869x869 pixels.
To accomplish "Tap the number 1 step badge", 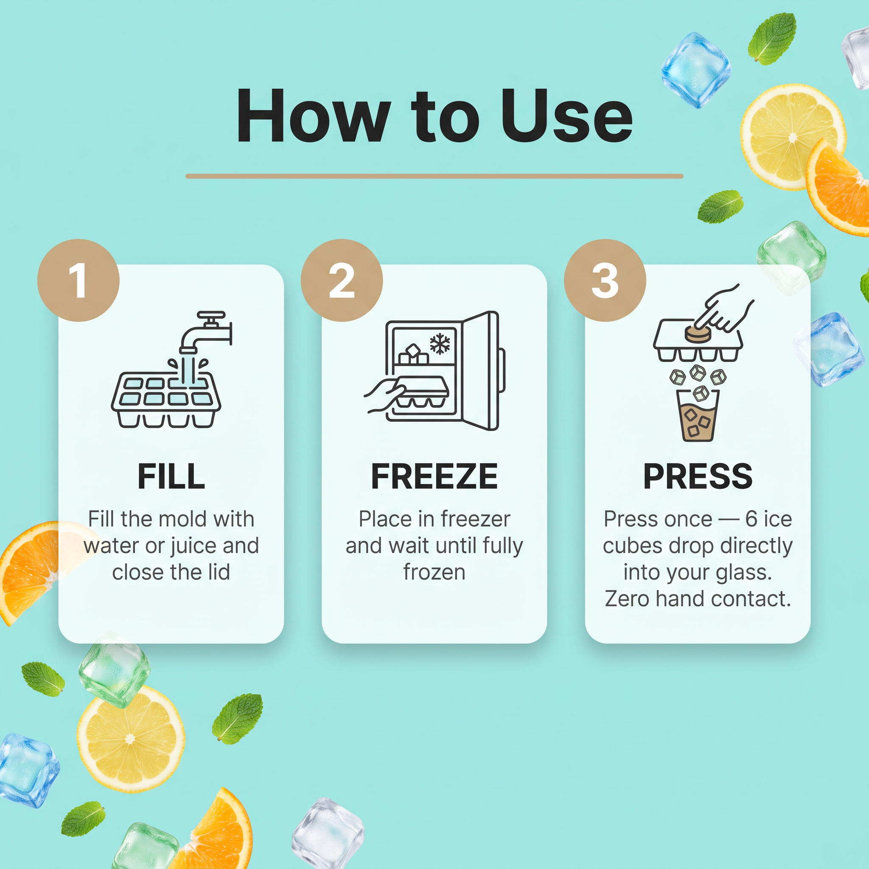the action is tap(78, 280).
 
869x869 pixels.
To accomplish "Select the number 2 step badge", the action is tap(342, 280).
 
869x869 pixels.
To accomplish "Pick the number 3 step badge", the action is tap(605, 280).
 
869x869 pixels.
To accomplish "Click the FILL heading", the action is tap(171, 477).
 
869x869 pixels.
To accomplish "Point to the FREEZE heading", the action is tap(434, 477).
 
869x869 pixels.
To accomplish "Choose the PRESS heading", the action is tap(698, 477).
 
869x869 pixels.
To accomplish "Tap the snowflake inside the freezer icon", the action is tap(440, 344).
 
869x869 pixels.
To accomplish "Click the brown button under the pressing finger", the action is tap(698, 334).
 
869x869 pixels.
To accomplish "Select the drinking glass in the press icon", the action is tap(698, 415).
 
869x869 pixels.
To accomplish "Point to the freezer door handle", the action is tap(502, 370).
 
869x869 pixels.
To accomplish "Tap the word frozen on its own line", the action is tap(434, 572).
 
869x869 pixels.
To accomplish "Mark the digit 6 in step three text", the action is tap(751, 519).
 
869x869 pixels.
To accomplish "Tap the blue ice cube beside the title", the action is tap(695, 70).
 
